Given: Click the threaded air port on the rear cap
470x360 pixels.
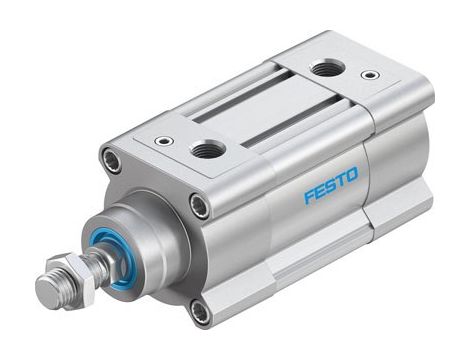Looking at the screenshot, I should (326, 69).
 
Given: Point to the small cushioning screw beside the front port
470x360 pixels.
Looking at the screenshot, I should (164, 141).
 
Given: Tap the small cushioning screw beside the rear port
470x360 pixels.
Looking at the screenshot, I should (370, 75).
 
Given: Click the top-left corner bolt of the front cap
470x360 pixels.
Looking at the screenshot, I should (111, 159).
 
